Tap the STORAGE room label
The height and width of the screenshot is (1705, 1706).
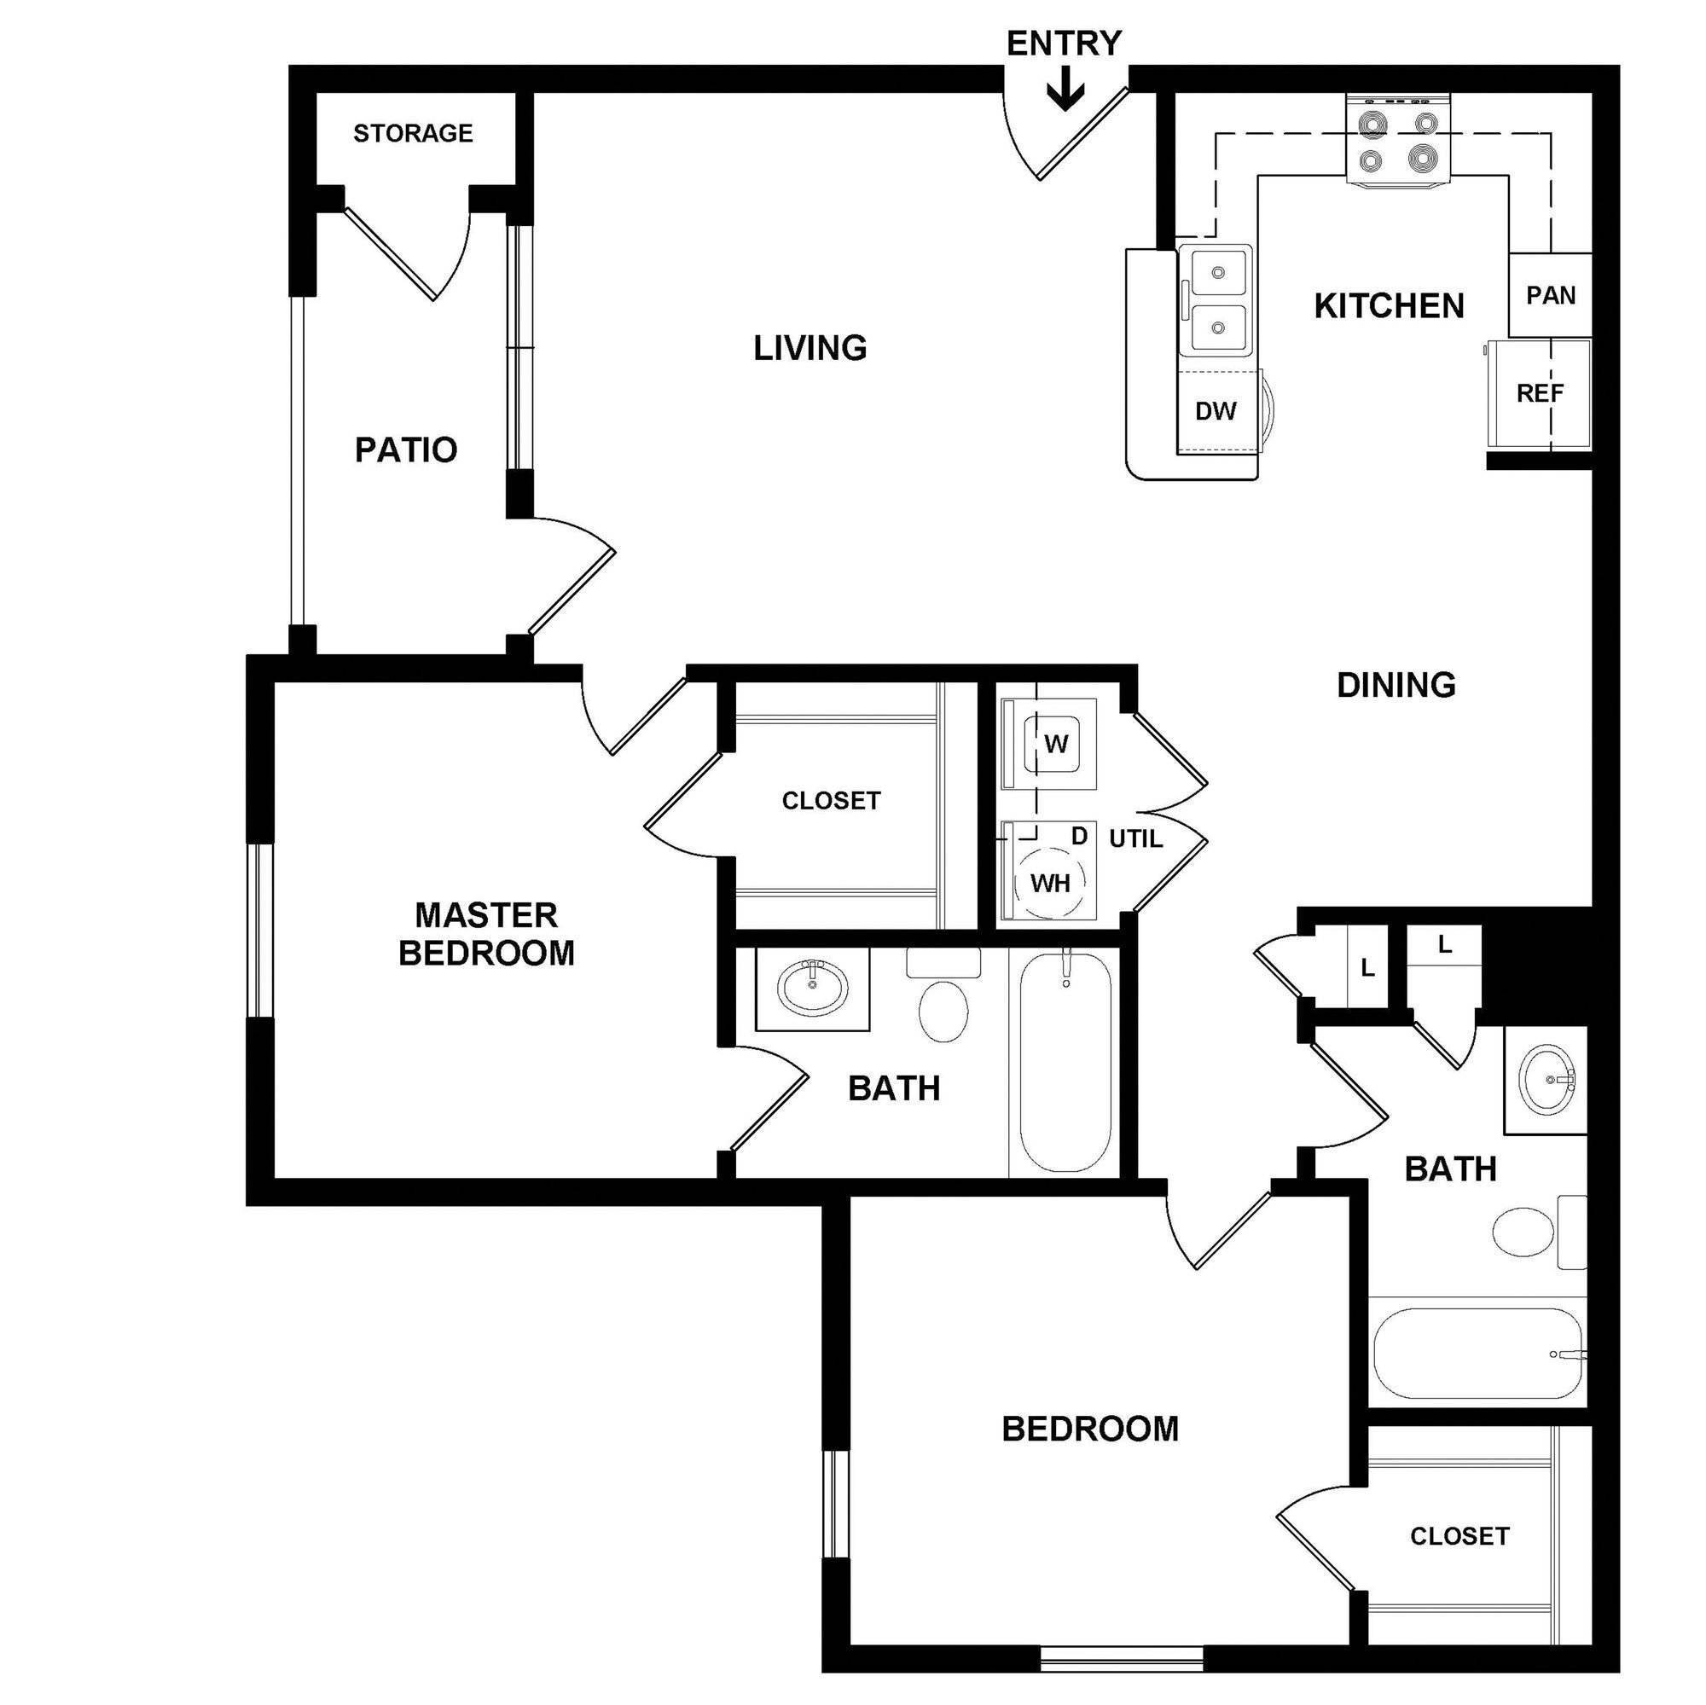click(x=413, y=133)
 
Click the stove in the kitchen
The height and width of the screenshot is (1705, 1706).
click(x=1398, y=142)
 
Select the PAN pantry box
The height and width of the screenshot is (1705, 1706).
click(x=1551, y=295)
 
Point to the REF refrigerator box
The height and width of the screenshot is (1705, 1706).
click(x=1540, y=393)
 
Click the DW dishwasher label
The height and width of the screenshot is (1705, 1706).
click(x=1216, y=410)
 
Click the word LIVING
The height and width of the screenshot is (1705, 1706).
click(x=809, y=348)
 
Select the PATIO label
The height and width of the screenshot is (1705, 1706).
click(x=406, y=450)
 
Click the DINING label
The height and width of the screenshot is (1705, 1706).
click(x=1396, y=685)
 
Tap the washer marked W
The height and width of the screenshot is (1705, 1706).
click(x=1055, y=745)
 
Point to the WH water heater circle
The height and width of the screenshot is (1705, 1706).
click(x=1050, y=883)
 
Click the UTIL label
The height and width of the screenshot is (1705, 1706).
click(x=1135, y=838)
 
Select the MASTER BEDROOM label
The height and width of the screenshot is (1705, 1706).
click(x=486, y=934)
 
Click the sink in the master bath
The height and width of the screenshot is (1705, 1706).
click(x=813, y=986)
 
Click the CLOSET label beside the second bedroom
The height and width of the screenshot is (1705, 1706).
click(x=1459, y=1536)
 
